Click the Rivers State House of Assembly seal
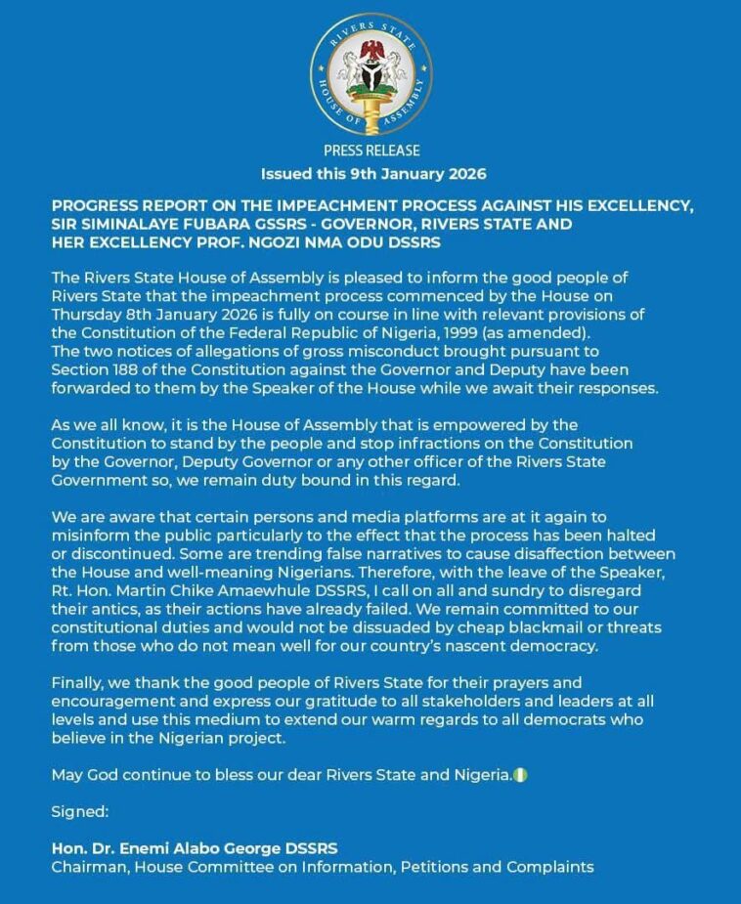coord(371,74)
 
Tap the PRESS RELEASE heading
coord(371,151)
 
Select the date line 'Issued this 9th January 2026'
coord(372,174)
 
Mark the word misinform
coord(91,533)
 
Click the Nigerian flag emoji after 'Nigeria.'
coord(521,775)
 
